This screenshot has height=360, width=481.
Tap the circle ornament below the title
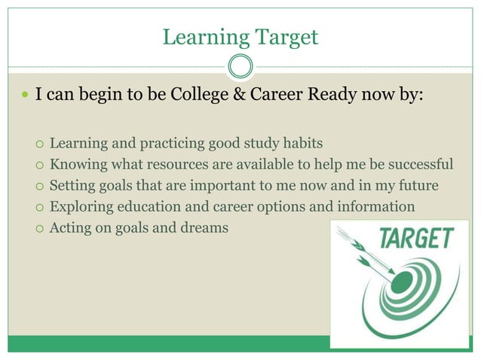coord(240,66)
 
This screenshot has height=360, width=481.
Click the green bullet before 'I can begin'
coord(24,99)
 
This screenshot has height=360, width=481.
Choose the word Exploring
coord(79,206)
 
